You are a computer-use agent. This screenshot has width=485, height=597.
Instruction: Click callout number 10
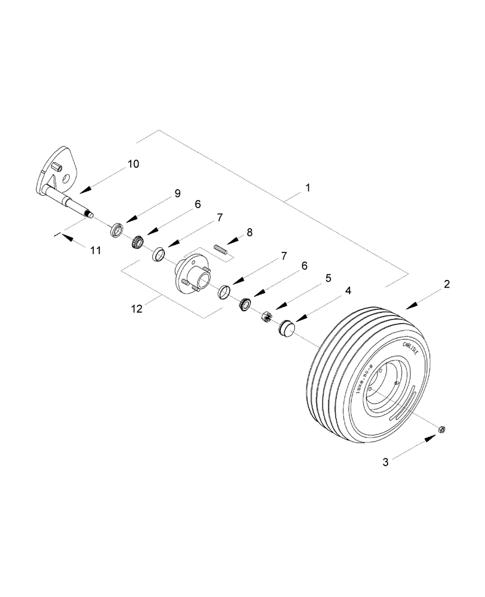pos(133,164)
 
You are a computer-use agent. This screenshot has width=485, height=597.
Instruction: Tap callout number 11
pos(96,251)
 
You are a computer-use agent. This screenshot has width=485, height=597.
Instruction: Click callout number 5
pos(328,278)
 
